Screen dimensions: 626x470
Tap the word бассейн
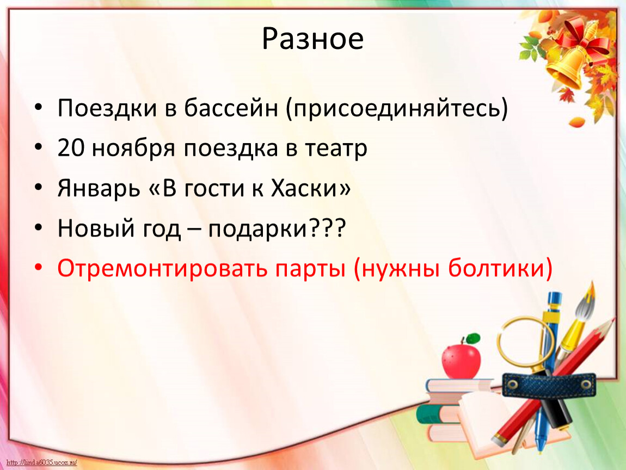pos(231,108)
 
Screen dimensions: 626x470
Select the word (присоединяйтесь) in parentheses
pos(397,109)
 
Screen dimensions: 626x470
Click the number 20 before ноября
pos(71,148)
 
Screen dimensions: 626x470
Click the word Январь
pos(99,188)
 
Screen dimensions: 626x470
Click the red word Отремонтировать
pos(163,269)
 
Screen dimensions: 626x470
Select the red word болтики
pos(500,268)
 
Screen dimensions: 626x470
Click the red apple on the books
pos(461,361)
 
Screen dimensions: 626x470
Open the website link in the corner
pos(41,463)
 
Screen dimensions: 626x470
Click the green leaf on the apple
pos(473,338)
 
